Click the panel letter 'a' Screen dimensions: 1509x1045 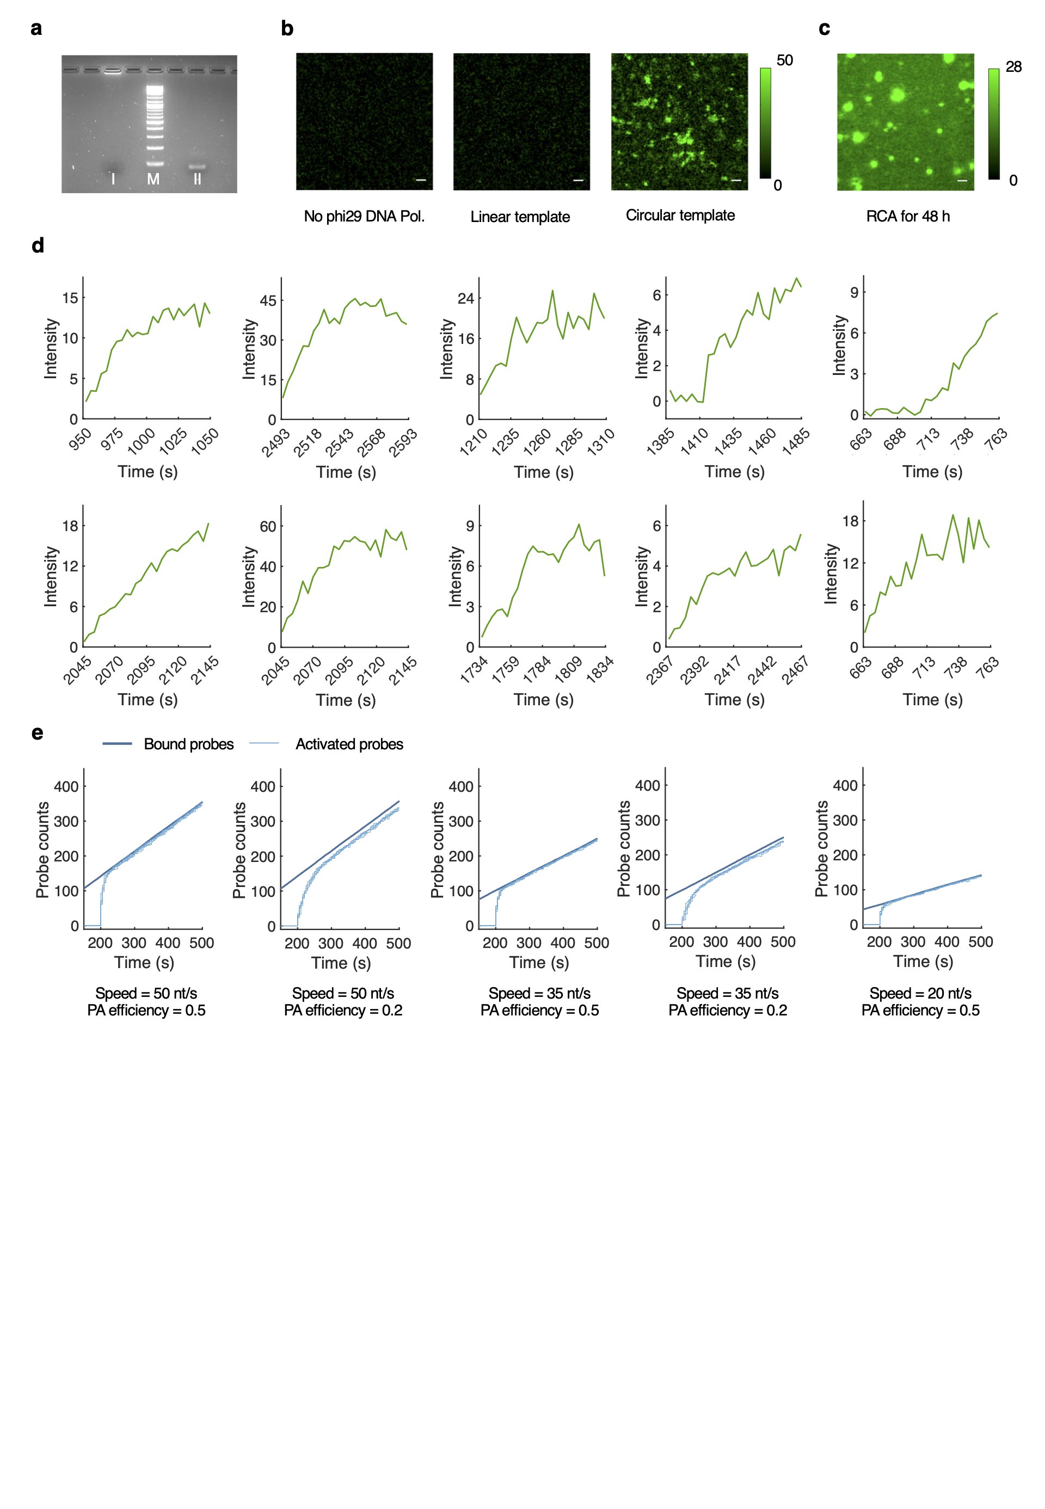[36, 29]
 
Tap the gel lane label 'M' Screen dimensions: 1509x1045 [153, 178]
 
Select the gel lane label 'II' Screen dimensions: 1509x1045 [197, 178]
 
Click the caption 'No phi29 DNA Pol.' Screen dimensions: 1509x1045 [364, 217]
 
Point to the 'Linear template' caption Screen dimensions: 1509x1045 [520, 217]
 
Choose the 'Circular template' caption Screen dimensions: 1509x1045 [680, 215]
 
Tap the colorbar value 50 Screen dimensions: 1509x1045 [784, 60]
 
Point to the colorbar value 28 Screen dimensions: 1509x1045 [1013, 67]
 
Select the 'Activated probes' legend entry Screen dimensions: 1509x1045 [349, 744]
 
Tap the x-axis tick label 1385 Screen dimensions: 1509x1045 [661, 442]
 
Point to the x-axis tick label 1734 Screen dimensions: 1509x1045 [474, 670]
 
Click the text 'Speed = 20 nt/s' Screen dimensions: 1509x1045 [920, 993]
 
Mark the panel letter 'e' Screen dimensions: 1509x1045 [38, 732]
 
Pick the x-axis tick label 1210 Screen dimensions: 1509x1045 [474, 442]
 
